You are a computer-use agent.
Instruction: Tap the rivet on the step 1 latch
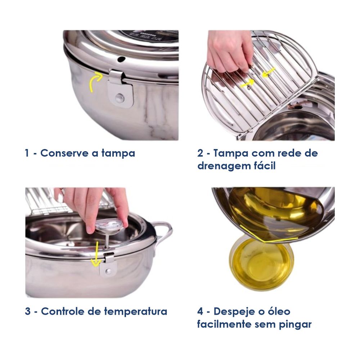pos(119,98)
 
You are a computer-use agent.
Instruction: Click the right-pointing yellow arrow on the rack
pos(247,84)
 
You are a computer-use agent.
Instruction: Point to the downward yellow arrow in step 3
pos(95,255)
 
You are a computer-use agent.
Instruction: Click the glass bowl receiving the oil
pos(261,263)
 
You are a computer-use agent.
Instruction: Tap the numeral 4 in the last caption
pos(200,311)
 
